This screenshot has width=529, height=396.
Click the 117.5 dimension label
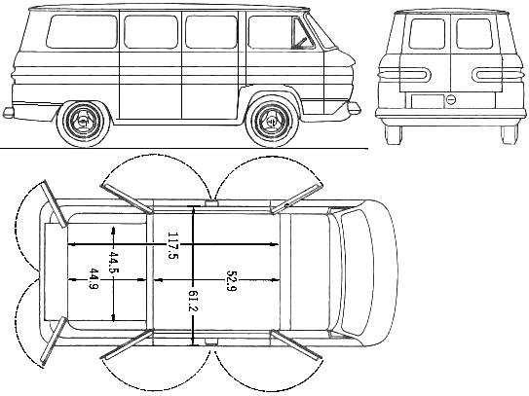172,245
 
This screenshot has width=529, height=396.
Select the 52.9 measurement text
231,281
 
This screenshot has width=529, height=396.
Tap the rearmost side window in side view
81,31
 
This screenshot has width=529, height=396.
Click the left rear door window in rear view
427,34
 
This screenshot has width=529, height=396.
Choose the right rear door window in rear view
474,34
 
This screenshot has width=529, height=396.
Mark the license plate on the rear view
428,101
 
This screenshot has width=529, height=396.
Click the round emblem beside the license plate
451,100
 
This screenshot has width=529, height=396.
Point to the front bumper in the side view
354,108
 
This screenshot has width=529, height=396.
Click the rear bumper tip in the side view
8,113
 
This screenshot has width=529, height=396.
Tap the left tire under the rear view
394,135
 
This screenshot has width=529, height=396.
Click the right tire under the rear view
510,135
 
